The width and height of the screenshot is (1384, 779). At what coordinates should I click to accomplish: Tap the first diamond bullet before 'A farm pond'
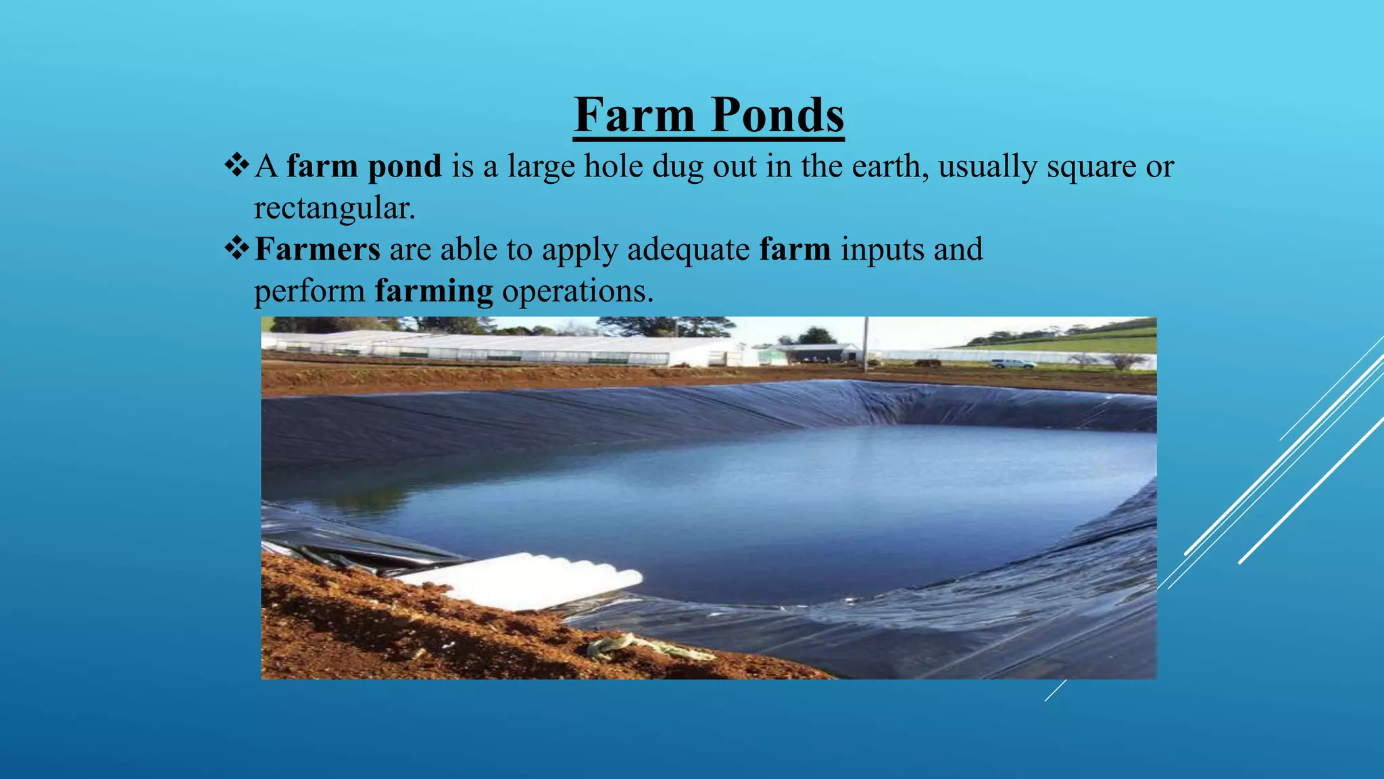click(237, 165)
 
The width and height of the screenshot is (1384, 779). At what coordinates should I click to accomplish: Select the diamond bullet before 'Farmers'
click(237, 248)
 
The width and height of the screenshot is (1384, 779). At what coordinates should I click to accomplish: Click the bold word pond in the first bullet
click(404, 166)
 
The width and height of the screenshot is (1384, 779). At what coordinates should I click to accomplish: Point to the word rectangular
click(334, 208)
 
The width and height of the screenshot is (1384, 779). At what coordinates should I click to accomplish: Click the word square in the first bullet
click(1091, 166)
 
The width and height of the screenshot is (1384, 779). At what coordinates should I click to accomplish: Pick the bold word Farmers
click(318, 249)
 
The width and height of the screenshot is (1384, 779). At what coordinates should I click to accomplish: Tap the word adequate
click(688, 250)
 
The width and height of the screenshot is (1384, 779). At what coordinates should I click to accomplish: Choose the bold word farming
click(434, 291)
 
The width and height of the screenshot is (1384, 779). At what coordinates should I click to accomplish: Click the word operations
click(578, 291)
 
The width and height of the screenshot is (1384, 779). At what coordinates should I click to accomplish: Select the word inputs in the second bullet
click(883, 250)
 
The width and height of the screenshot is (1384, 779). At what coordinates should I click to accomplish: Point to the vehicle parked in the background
click(1012, 364)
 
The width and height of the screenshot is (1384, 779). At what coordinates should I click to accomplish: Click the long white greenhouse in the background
click(500, 348)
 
